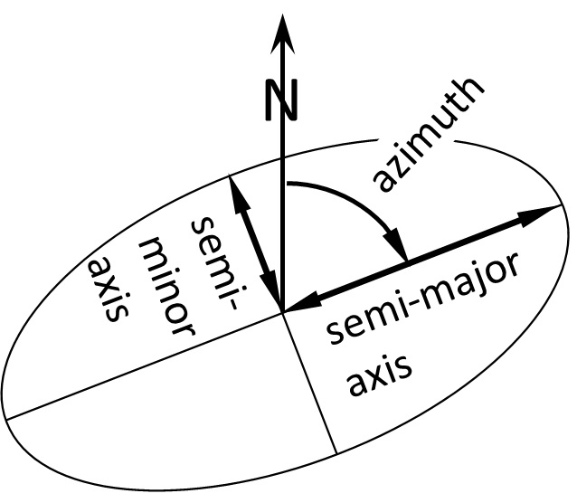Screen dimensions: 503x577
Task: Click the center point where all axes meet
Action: [283, 312]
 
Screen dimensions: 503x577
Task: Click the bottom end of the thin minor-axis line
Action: [336, 452]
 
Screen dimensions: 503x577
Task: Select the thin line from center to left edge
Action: [145, 365]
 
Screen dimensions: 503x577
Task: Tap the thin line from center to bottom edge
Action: [310, 383]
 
